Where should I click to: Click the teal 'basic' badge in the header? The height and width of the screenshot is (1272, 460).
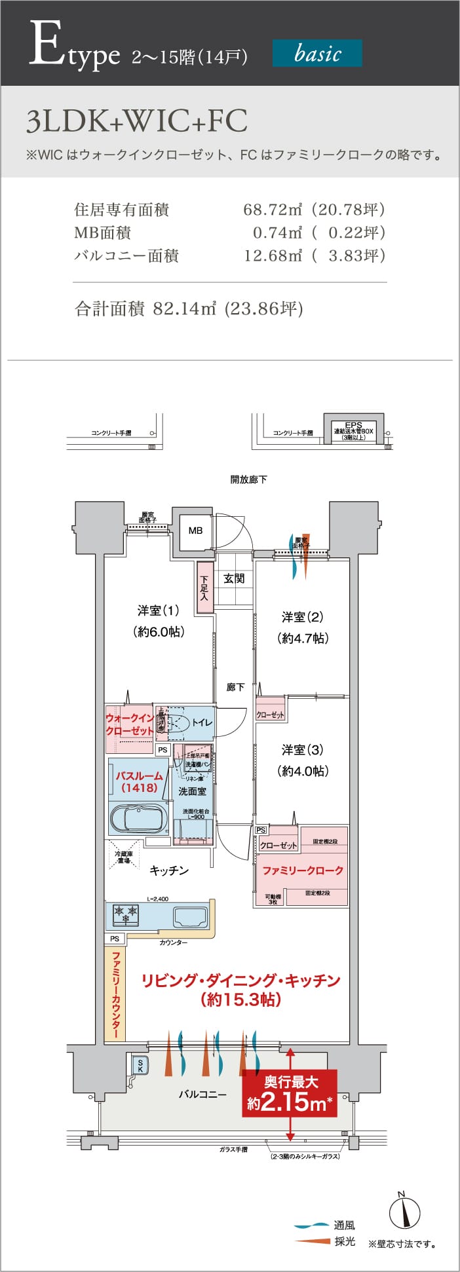(317, 53)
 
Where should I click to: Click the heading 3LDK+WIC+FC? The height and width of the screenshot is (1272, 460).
(136, 122)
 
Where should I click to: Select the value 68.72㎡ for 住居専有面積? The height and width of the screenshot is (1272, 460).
(272, 210)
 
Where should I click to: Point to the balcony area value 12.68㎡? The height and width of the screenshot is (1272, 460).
(272, 255)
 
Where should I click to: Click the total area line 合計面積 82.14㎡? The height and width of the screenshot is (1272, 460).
(189, 309)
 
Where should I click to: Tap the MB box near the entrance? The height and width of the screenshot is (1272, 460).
(195, 531)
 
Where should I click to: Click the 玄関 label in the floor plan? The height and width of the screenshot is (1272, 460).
(234, 578)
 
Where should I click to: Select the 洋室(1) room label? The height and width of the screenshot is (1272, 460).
(158, 611)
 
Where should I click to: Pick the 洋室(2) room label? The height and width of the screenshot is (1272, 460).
(302, 617)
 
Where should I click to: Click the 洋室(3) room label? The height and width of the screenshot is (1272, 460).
(302, 750)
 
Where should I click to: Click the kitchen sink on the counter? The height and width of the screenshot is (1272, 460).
(191, 917)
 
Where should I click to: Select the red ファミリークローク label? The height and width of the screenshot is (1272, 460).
(303, 870)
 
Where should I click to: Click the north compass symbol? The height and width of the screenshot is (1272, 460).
(404, 1212)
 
